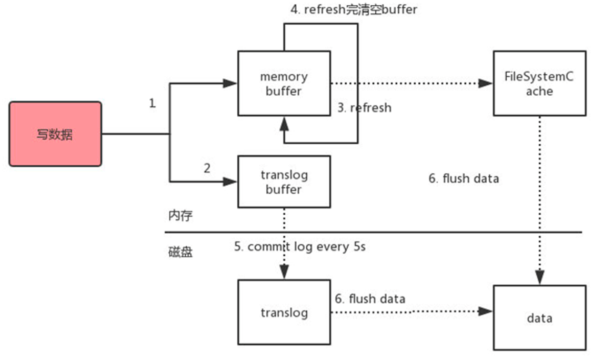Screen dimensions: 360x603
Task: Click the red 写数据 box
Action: point(55,134)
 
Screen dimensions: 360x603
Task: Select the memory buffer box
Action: point(284,83)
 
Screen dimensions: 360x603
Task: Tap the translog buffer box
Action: point(284,182)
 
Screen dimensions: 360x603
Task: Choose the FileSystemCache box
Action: point(539,83)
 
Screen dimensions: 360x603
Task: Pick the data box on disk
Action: point(539,318)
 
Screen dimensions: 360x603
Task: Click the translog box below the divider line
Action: point(284,313)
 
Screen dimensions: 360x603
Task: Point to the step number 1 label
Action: point(153,103)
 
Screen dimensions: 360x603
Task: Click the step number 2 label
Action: point(207,168)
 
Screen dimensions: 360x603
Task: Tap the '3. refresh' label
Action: point(365,108)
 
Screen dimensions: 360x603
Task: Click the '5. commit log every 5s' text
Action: point(299,246)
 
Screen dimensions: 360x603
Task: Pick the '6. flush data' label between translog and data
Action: point(370,299)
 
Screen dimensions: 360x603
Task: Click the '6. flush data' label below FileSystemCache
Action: point(464,178)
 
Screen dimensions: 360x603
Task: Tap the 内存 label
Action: point(180,216)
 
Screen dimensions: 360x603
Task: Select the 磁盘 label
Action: point(180,252)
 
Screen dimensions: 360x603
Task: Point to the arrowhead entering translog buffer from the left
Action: point(230,182)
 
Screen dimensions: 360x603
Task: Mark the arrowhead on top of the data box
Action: point(539,278)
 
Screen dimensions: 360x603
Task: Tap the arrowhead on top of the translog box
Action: point(284,272)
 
